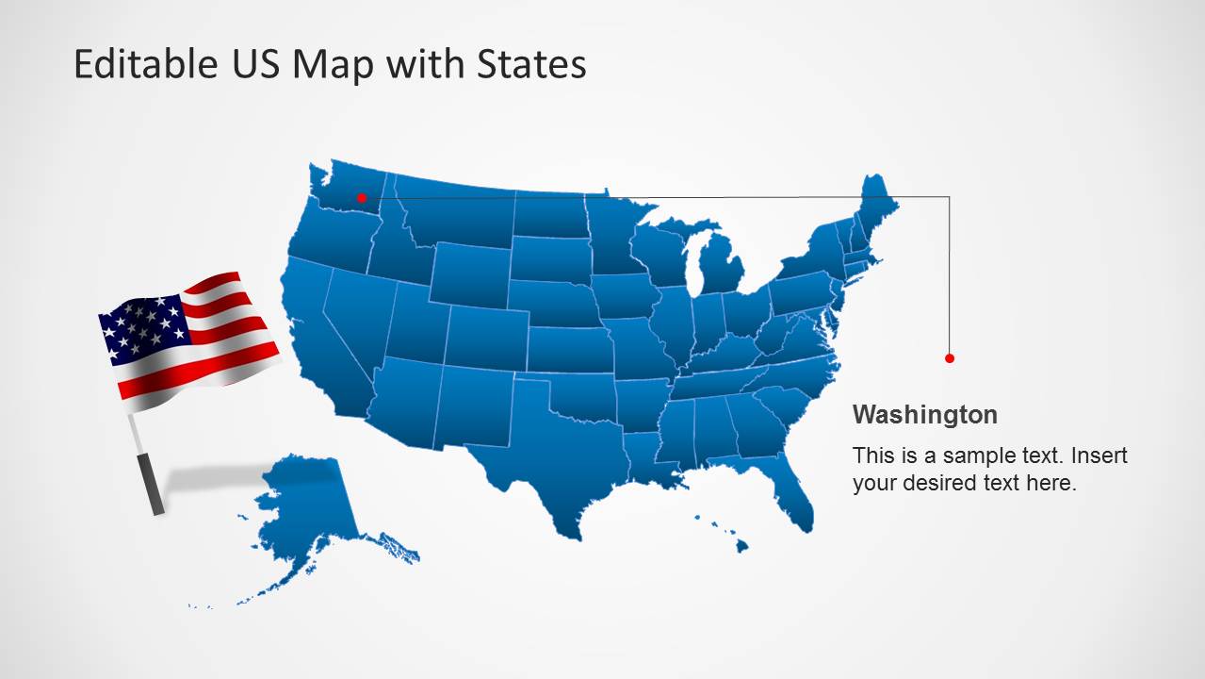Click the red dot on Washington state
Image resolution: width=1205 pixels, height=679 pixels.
coord(361,198)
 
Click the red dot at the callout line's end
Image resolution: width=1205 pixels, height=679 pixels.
coord(950,358)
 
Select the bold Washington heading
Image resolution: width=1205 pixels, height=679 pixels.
coord(924,415)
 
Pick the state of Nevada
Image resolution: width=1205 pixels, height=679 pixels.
coord(354,316)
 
